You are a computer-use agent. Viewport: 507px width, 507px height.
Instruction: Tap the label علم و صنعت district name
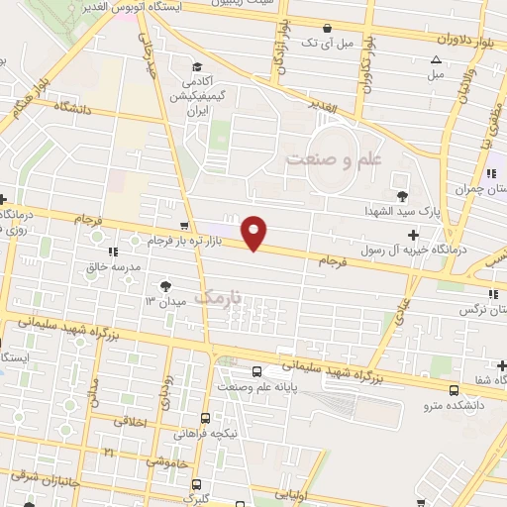point(326,157)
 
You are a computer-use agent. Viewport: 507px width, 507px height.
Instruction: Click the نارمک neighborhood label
point(217,296)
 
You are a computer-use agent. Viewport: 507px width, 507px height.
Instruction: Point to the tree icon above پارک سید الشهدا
point(401,195)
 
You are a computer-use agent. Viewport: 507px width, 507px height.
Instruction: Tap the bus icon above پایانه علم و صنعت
point(257,371)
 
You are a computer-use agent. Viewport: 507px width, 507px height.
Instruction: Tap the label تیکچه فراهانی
point(205,433)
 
